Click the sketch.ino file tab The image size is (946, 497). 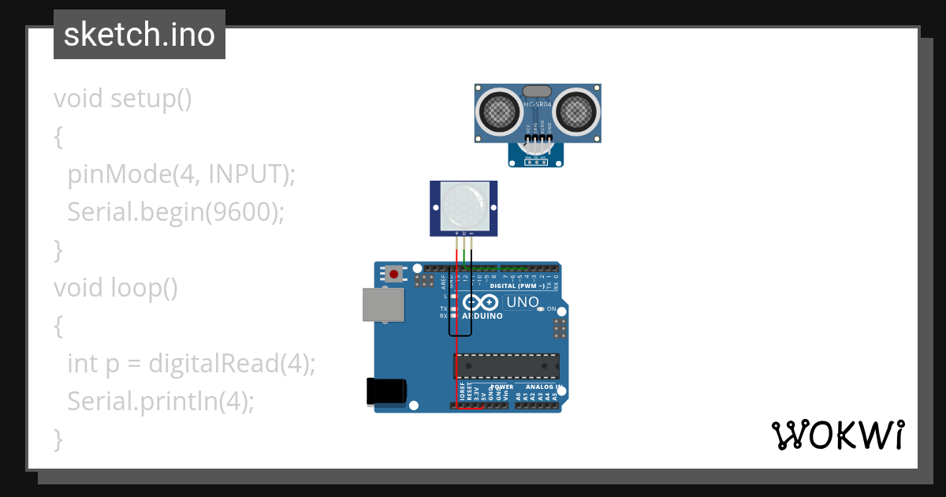(140, 35)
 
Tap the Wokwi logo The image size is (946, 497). (837, 435)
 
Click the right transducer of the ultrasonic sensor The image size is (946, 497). (575, 113)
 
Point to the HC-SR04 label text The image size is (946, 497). (538, 104)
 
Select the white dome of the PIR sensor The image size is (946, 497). (464, 204)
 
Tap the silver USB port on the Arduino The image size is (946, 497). (383, 304)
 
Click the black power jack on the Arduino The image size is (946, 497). (387, 392)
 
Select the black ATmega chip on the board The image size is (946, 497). (506, 367)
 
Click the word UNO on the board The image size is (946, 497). (522, 302)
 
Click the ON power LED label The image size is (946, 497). (551, 308)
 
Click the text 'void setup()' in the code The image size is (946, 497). (123, 99)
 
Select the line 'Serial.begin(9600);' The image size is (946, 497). (175, 212)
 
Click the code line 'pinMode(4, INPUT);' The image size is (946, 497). (181, 174)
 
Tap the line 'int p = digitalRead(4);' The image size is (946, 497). (191, 364)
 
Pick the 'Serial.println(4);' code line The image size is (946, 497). (161, 402)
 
